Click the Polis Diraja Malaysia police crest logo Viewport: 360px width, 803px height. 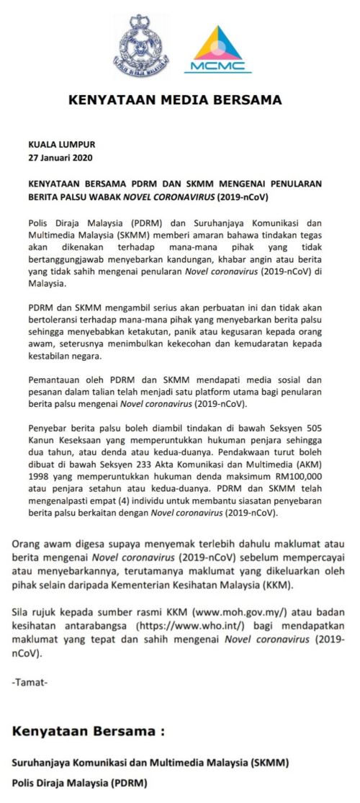140,45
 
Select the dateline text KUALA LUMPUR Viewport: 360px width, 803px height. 61,144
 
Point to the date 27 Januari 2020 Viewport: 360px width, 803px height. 60,157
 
